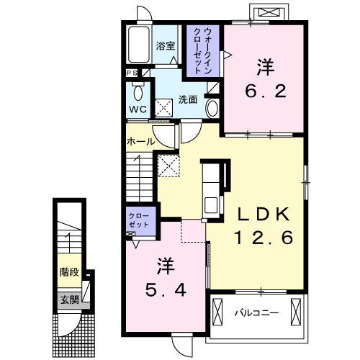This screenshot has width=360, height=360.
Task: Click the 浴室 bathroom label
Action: coord(166,46)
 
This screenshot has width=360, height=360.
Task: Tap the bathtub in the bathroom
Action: coord(138,45)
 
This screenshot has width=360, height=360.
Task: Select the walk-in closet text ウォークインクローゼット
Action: coord(203,50)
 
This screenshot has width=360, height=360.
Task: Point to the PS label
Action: coord(132,73)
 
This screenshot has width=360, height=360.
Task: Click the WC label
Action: coord(138,109)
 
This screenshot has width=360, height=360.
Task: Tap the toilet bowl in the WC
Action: coord(138,92)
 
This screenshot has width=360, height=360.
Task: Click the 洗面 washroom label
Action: coord(188,99)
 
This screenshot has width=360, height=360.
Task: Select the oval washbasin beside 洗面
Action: coord(212,109)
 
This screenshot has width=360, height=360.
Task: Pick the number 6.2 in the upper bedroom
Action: coord(266,91)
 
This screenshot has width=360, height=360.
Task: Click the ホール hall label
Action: coord(141,142)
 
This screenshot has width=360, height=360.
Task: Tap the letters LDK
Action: coord(264,214)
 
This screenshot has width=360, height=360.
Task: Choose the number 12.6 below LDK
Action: coord(264,238)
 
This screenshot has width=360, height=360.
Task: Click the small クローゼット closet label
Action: coord(139,220)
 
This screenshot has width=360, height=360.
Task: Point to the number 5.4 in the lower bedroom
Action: coord(166,291)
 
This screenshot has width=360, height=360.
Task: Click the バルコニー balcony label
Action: coord(256,313)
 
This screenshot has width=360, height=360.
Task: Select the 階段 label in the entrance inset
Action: coord(69,272)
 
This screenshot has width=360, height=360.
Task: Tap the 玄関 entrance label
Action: coord(69,300)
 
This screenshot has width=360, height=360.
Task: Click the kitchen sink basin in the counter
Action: coord(211,204)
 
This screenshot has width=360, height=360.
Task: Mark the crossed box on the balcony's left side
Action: coord(217,312)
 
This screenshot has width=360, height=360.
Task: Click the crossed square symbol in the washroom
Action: coord(163,108)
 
